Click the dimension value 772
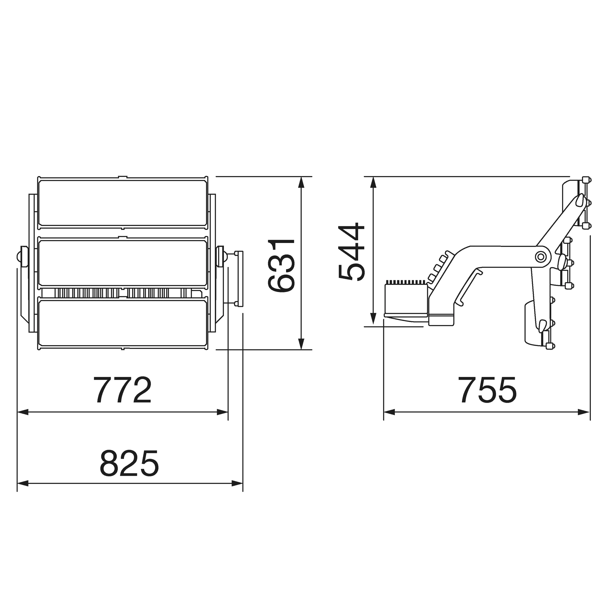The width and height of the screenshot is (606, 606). (x=122, y=390)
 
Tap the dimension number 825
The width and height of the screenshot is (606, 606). (x=129, y=464)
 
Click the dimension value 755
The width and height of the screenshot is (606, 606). (x=487, y=390)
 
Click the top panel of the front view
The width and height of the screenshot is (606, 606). (x=122, y=202)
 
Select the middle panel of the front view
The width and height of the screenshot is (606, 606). (x=122, y=263)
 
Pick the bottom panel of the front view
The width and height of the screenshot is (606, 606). (x=122, y=323)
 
